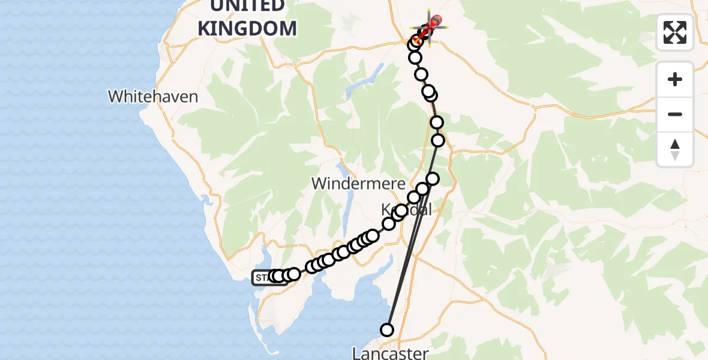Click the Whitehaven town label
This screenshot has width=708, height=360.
(153, 96)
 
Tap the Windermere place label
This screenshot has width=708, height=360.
(358, 184)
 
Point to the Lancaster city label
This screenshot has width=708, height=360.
(390, 353)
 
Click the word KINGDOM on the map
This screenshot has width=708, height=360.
(247, 28)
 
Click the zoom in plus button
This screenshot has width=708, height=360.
(675, 79)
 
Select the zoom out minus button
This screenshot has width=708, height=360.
(675, 114)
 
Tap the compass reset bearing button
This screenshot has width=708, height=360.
(675, 149)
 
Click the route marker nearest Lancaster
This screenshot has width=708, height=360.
(387, 329)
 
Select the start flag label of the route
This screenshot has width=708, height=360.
(263, 277)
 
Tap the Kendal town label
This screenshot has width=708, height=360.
(407, 210)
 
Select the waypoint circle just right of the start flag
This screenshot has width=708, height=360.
(293, 274)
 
